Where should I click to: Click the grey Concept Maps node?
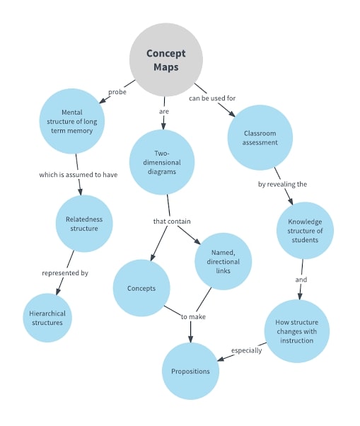tap(166, 59)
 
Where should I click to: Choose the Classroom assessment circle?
tap(260, 137)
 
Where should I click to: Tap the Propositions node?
tap(190, 371)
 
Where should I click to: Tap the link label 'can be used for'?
tap(211, 98)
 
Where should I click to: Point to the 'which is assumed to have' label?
tap(78, 174)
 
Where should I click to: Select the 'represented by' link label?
tap(64, 272)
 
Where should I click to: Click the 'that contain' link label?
tap(171, 221)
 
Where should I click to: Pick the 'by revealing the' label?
tap(281, 183)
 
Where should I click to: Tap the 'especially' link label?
tap(246, 350)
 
